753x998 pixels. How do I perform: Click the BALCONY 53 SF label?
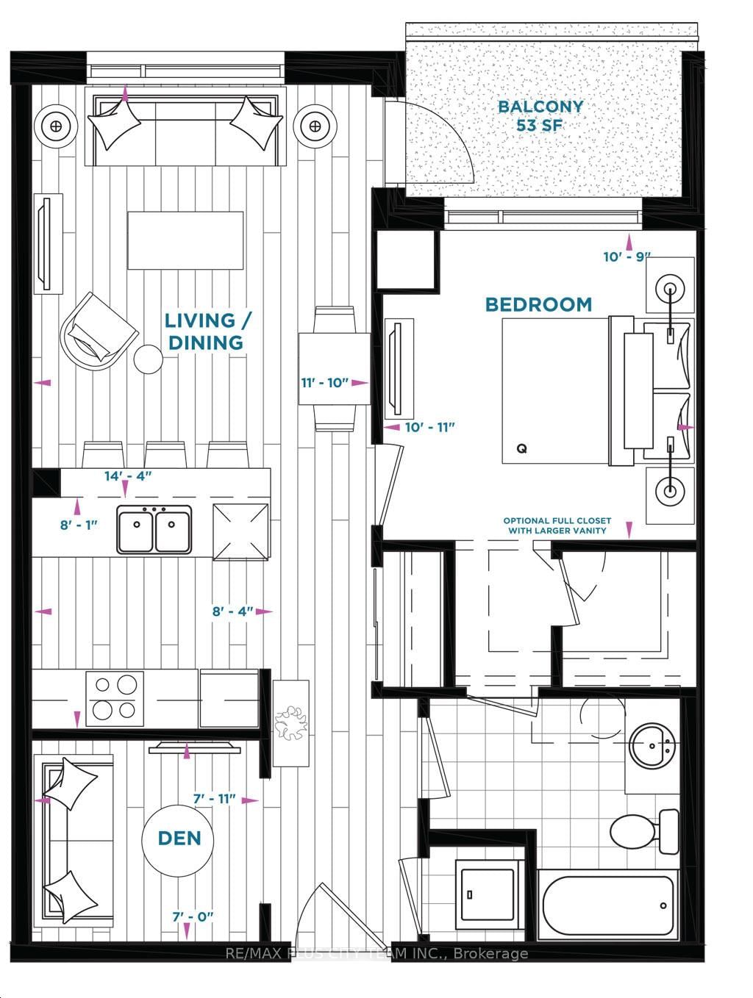[540, 115]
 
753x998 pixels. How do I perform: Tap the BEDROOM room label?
[538, 304]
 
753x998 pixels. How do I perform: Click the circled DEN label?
[179, 839]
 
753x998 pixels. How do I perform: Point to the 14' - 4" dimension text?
[128, 476]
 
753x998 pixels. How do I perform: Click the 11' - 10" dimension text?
[324, 383]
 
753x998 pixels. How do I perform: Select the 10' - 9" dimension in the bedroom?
[627, 257]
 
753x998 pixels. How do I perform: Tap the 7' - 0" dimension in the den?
[193, 916]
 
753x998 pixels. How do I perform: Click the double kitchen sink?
[154, 528]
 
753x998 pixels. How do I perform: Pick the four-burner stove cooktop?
[114, 697]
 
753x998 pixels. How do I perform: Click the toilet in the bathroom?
[645, 831]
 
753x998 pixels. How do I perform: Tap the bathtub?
[607, 905]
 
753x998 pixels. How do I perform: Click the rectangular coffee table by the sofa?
[185, 241]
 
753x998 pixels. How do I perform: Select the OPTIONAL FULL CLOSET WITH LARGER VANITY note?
[556, 525]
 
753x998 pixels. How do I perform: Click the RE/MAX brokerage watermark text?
[376, 954]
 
